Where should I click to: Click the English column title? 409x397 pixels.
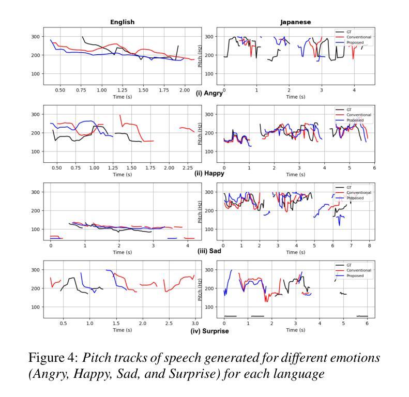[x=122, y=22]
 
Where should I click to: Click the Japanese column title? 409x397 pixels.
[x=295, y=22]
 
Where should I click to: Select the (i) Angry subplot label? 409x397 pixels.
[x=209, y=94]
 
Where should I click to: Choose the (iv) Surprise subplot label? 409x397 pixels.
[x=209, y=331]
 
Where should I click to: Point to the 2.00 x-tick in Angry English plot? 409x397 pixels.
[x=185, y=90]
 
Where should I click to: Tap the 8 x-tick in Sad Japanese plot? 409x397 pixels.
[x=369, y=246]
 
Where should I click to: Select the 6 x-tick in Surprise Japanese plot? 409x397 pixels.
[x=367, y=324]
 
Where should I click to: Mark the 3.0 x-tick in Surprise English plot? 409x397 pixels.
[x=194, y=324]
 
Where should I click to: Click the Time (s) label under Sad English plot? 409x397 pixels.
[x=122, y=252]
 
